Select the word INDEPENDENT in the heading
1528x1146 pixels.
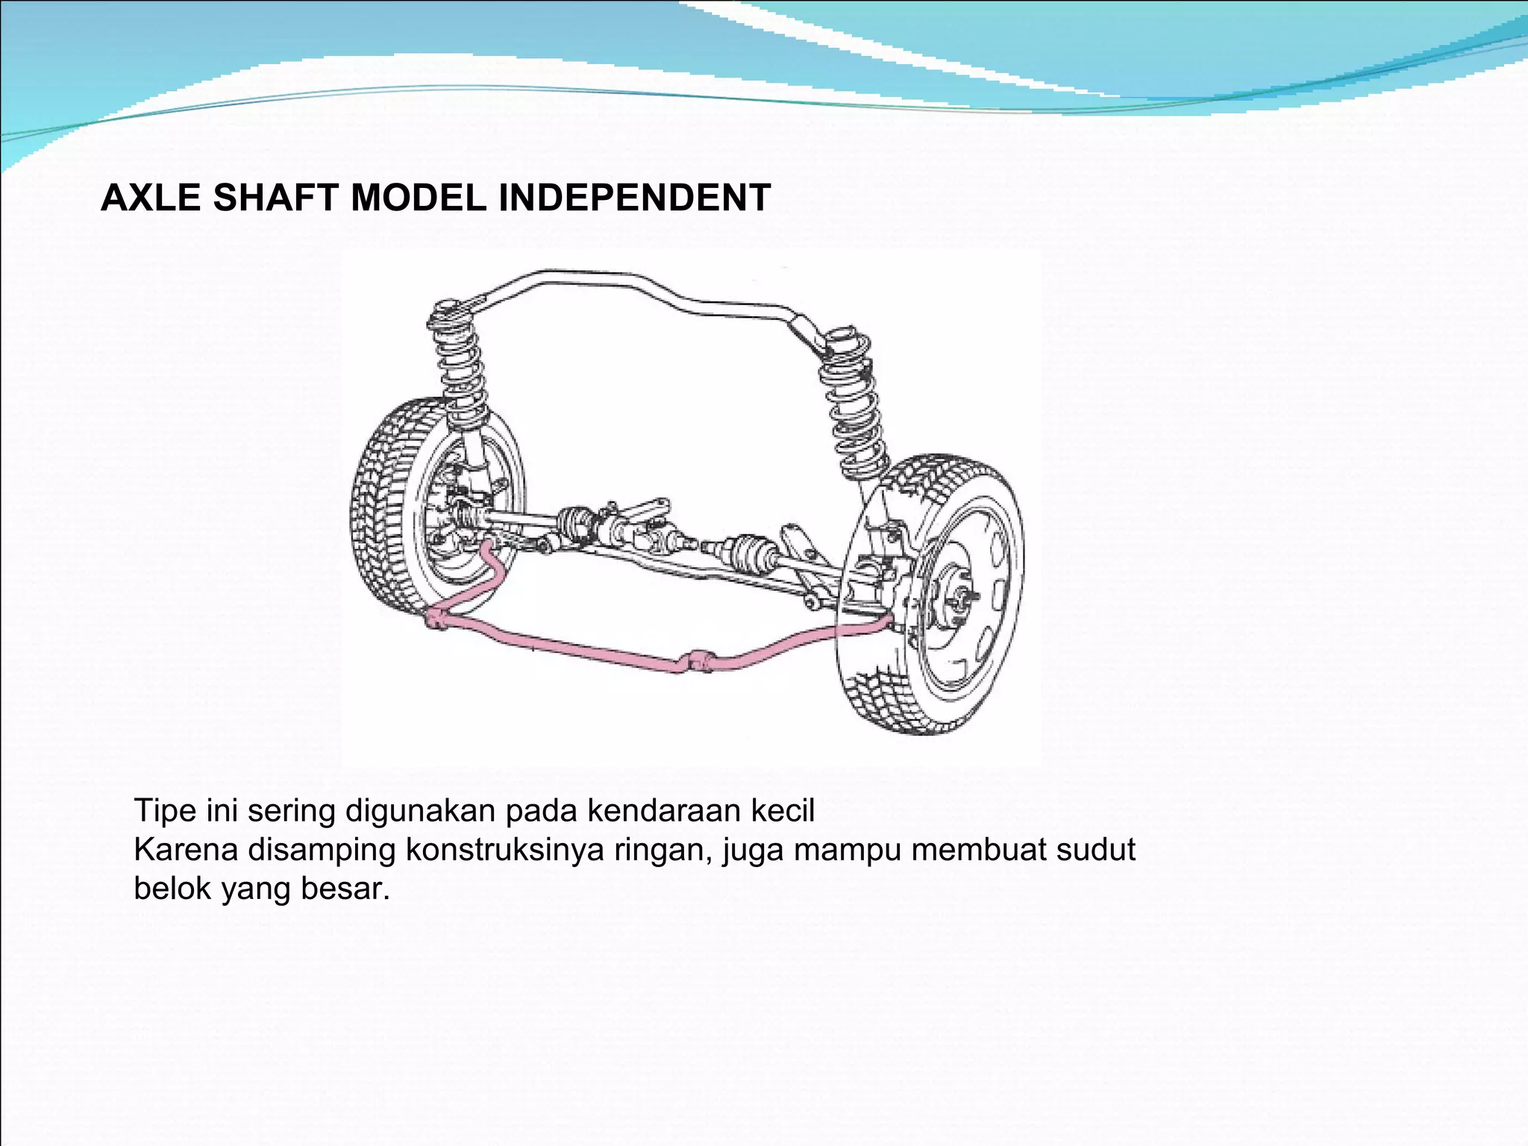coord(634,198)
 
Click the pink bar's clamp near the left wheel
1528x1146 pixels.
coord(439,618)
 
